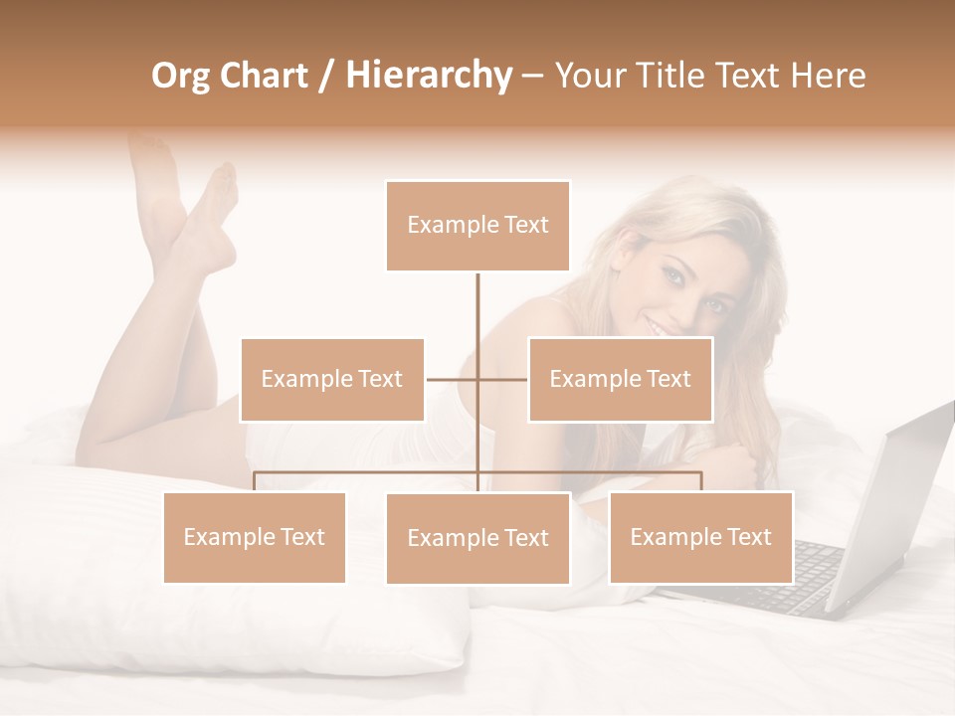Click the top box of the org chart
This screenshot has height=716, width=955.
coord(477,226)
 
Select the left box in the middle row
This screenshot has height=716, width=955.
coord(332,379)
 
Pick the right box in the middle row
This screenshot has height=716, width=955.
coord(620,379)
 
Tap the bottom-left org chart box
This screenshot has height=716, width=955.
coord(255,537)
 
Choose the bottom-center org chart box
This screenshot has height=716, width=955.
coord(477,538)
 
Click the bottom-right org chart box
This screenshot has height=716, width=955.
coord(700,537)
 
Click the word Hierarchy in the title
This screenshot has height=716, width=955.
coord(429,76)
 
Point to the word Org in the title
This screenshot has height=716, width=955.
coord(181,76)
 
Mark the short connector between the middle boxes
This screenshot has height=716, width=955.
coord(477,379)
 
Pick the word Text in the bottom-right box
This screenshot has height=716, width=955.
coord(748,537)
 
